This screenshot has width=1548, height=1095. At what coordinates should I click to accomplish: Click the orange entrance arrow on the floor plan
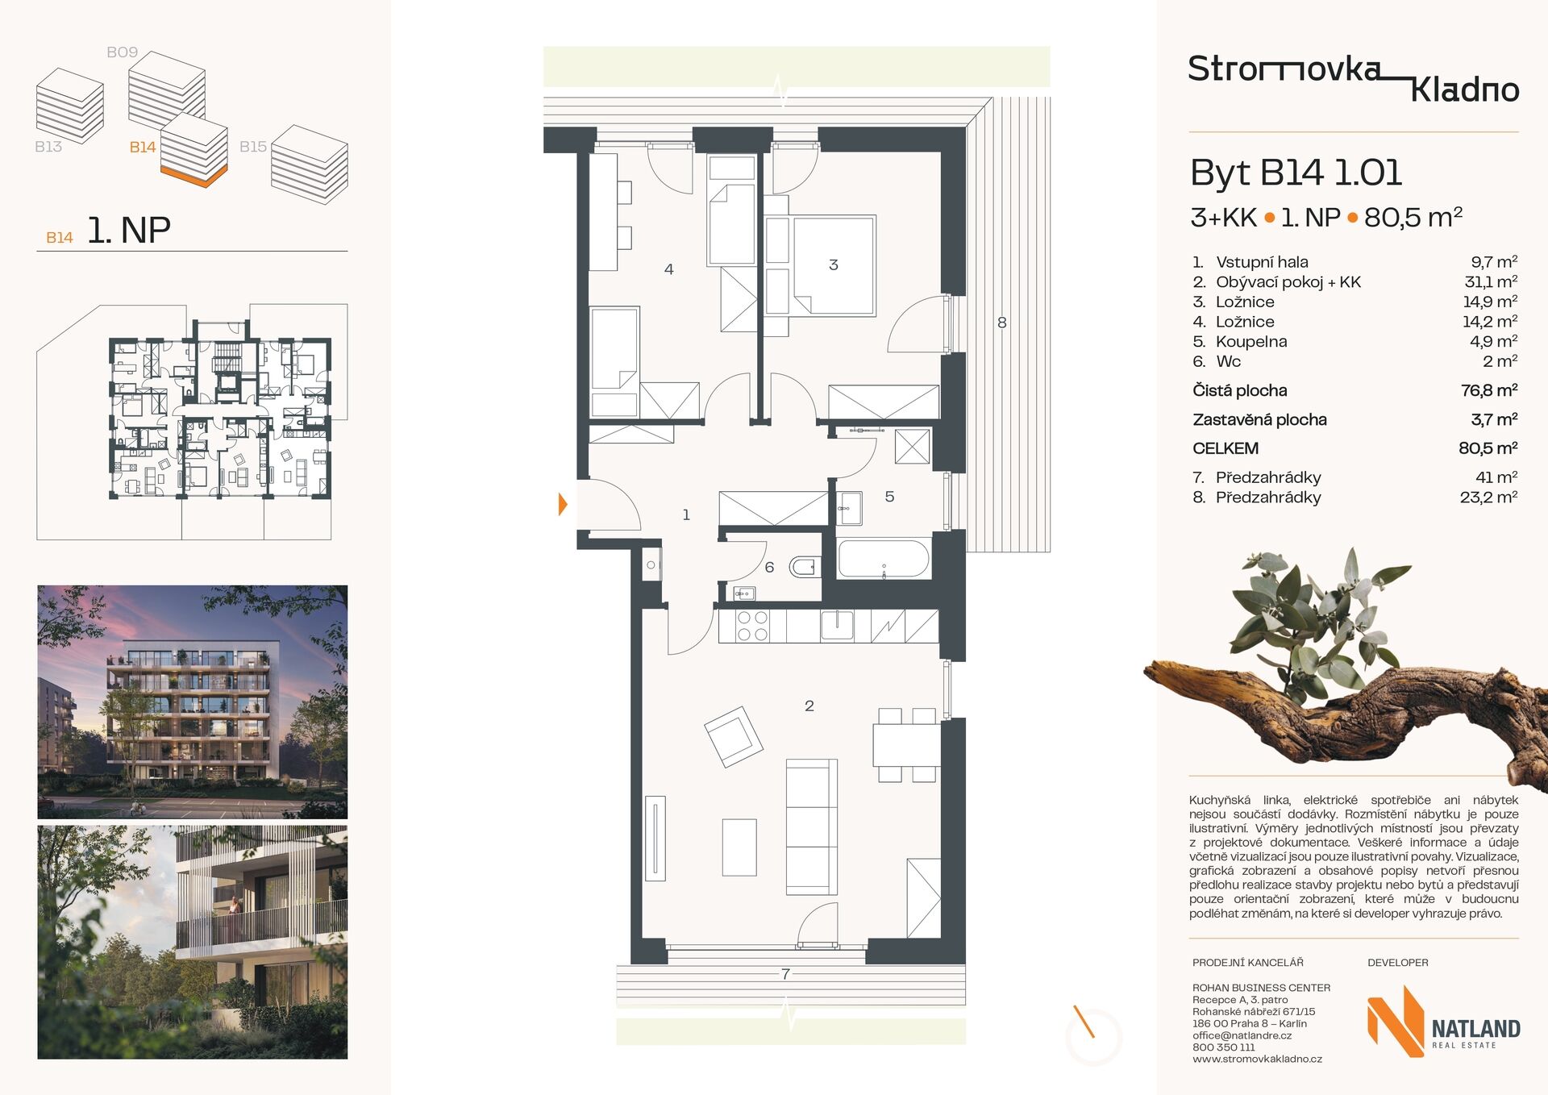tap(563, 505)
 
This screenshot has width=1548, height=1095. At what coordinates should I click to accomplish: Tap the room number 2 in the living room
tap(809, 706)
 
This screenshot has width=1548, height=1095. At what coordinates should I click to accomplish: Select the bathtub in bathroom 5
tap(884, 558)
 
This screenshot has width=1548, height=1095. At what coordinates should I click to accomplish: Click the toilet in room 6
tap(805, 567)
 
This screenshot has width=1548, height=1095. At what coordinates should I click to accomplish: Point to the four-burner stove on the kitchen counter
tap(752, 626)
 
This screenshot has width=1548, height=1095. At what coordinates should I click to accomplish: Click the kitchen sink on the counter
tap(837, 625)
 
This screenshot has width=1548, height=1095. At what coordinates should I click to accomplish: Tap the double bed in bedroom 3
tap(834, 265)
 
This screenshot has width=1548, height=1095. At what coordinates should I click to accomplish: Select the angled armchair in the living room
tap(733, 736)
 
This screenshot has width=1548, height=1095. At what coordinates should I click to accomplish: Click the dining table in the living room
tap(907, 745)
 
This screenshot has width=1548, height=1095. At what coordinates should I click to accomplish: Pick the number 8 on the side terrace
tap(1001, 323)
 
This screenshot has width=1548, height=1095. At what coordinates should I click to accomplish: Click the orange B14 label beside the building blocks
tap(143, 147)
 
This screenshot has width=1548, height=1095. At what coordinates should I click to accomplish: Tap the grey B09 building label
tap(123, 52)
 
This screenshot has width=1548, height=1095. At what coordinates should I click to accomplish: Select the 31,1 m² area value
tap(1491, 281)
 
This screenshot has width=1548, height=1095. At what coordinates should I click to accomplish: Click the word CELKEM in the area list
tap(1225, 448)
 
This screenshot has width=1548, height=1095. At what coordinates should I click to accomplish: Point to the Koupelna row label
tap(1251, 342)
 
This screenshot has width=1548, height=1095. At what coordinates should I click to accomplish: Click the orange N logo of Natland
tap(1396, 1021)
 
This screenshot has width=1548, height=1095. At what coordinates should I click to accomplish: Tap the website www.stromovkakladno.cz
tap(1257, 1060)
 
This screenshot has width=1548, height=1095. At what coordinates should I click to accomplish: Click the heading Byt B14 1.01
tap(1296, 173)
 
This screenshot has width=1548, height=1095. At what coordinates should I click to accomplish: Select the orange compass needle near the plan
tap(1083, 1021)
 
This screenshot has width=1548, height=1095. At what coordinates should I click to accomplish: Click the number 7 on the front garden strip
tap(785, 974)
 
